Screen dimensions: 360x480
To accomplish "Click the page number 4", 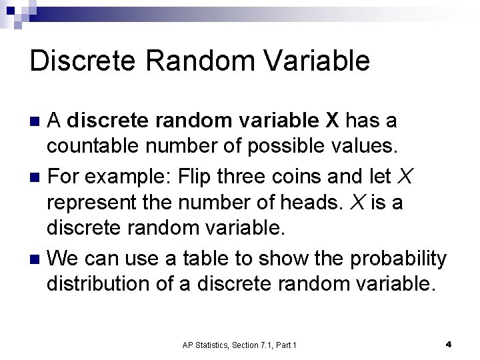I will click(x=448, y=344).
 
